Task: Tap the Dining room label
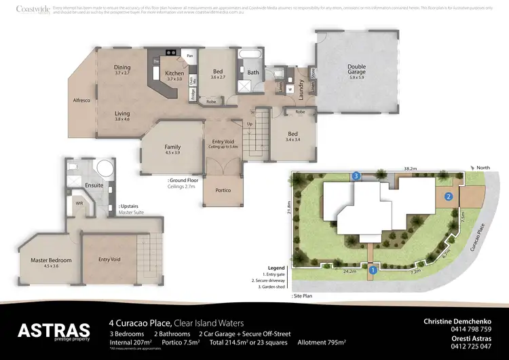coord(122,68)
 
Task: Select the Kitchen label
coord(174,73)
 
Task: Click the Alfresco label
coord(82,100)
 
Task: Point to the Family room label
coord(173,147)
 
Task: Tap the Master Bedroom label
coord(51,260)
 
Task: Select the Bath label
coord(253,72)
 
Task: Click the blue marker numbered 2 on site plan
coord(449,197)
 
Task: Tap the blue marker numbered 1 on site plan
coord(372,270)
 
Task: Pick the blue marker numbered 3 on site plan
coord(356,176)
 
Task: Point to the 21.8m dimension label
coord(288,206)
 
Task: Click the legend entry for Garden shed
coord(270,287)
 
